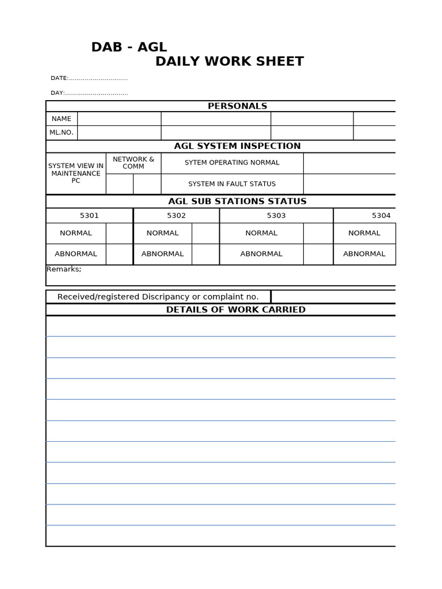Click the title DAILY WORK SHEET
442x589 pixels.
(x=229, y=62)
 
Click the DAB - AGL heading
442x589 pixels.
(x=129, y=47)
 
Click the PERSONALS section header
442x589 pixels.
(x=237, y=106)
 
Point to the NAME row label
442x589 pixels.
(x=62, y=118)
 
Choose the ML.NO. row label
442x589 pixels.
(x=62, y=132)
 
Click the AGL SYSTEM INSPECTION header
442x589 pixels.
(x=237, y=146)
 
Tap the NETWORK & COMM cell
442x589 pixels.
(x=134, y=163)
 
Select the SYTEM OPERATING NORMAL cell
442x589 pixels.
(x=232, y=163)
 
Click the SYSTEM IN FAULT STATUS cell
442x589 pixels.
(x=232, y=184)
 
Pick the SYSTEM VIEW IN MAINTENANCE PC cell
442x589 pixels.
(x=76, y=173)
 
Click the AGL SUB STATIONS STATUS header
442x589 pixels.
(x=237, y=201)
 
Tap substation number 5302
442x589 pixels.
(x=177, y=216)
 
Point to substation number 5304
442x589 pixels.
(x=381, y=216)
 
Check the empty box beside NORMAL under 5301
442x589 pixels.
(x=119, y=233)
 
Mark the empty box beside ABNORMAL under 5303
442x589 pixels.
(x=318, y=254)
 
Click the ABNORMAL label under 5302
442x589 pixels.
(x=162, y=254)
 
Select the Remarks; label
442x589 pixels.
(x=64, y=269)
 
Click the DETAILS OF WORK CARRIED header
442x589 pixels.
(x=235, y=309)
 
